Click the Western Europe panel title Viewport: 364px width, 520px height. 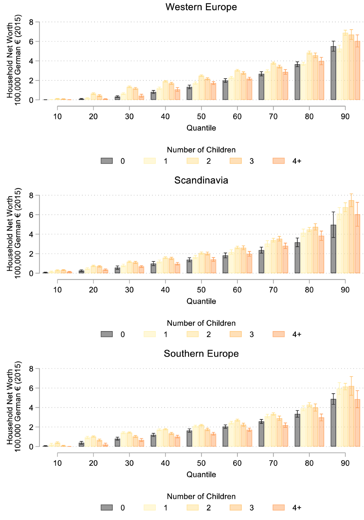click(x=201, y=7)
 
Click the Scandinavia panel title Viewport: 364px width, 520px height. click(x=201, y=180)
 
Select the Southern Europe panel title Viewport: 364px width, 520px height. click(x=201, y=354)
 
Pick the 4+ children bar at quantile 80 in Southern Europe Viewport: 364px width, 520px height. click(x=321, y=432)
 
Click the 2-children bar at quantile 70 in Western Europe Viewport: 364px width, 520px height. click(x=273, y=82)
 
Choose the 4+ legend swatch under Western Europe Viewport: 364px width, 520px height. click(x=279, y=161)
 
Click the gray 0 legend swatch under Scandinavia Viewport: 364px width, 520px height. click(x=107, y=334)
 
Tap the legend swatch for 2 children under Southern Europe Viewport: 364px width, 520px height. click(x=193, y=508)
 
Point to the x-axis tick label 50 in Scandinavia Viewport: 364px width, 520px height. click(x=201, y=290)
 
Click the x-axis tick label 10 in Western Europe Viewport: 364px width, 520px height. click(x=57, y=117)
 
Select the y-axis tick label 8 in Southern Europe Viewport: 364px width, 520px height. click(x=31, y=369)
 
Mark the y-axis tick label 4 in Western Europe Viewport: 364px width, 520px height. click(x=31, y=61)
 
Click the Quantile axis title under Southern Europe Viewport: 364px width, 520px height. click(x=201, y=475)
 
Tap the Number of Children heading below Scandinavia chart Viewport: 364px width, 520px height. click(x=201, y=323)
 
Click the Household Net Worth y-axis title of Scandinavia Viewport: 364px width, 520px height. click(x=14, y=233)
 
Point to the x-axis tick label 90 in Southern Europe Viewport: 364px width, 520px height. click(x=345, y=463)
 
